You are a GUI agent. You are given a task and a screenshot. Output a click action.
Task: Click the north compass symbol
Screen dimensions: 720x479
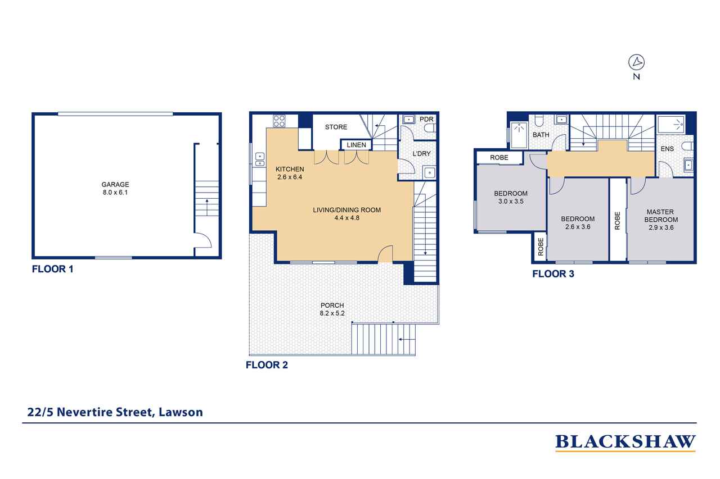coord(636,62)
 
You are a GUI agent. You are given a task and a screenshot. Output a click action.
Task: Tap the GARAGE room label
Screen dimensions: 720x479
coord(115,185)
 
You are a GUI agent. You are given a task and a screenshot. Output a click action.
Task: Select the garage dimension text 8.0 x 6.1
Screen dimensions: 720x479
coord(115,193)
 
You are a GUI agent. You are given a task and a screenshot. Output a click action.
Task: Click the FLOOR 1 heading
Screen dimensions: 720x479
coord(52,269)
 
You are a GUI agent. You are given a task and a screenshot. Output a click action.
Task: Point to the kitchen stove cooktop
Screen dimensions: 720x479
coord(279,121)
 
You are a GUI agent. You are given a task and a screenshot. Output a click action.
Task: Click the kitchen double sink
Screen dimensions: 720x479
coord(260,159)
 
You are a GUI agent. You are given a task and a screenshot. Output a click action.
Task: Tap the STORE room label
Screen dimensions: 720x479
coord(336,127)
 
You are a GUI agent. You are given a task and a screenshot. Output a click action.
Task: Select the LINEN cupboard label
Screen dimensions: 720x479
coord(356,145)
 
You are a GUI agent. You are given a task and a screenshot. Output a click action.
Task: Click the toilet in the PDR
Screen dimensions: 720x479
coord(430,129)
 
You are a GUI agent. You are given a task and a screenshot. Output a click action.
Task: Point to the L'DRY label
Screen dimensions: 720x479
coord(421,154)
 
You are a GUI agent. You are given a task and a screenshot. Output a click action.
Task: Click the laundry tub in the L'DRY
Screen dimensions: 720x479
coord(429,173)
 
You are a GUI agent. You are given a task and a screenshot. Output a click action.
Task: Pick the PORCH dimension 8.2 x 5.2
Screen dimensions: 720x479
coord(332,313)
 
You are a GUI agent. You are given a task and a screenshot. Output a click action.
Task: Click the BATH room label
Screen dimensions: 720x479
coord(541,135)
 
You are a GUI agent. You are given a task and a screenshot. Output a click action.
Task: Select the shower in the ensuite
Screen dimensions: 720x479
coord(671,125)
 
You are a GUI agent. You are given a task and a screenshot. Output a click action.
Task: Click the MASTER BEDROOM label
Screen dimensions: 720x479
coord(661,216)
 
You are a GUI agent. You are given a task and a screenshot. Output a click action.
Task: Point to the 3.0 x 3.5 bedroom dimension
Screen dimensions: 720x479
coord(511,202)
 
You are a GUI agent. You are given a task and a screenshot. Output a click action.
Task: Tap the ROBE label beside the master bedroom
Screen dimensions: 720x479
coord(617,221)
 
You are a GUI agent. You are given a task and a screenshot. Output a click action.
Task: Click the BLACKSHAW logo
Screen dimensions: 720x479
coord(625,442)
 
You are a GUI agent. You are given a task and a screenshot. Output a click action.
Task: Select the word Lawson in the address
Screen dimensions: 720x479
coord(181,412)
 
